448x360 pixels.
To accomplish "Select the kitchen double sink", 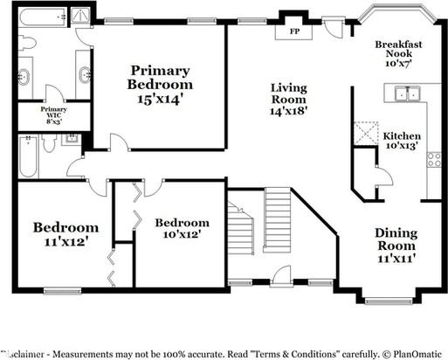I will click(405, 93).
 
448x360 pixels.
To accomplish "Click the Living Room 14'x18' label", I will click(289, 99).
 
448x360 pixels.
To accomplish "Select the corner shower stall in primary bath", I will click(80, 15).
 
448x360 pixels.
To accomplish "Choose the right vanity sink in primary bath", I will click(85, 75).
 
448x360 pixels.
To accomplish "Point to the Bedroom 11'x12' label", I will click(65, 234).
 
